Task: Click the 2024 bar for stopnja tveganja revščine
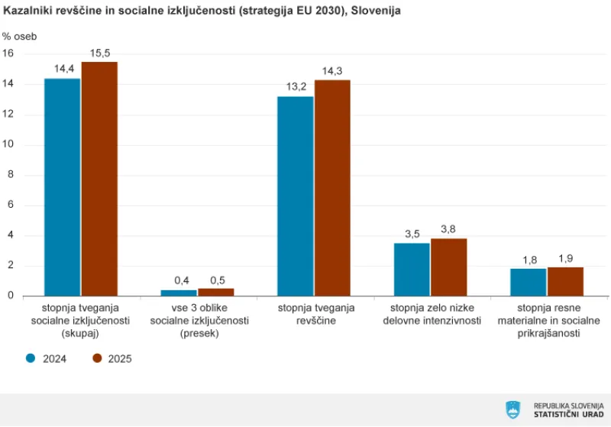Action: pyautogui.click(x=295, y=196)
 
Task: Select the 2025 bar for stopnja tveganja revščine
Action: pyautogui.click(x=332, y=188)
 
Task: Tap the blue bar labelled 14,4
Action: pyautogui.click(x=62, y=187)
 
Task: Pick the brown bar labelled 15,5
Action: pyautogui.click(x=99, y=179)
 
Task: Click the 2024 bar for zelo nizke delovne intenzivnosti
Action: pyautogui.click(x=412, y=270)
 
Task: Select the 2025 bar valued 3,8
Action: pyautogui.click(x=448, y=267)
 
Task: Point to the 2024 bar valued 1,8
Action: pyautogui.click(x=529, y=282)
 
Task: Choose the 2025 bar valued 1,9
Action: pyautogui.click(x=565, y=281)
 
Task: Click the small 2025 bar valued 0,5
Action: pyautogui.click(x=216, y=292)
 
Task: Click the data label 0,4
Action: pyautogui.click(x=182, y=280)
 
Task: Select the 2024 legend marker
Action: pyautogui.click(x=31, y=358)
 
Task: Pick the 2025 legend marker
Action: pyautogui.click(x=97, y=358)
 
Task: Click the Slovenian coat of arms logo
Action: pyautogui.click(x=512, y=409)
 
